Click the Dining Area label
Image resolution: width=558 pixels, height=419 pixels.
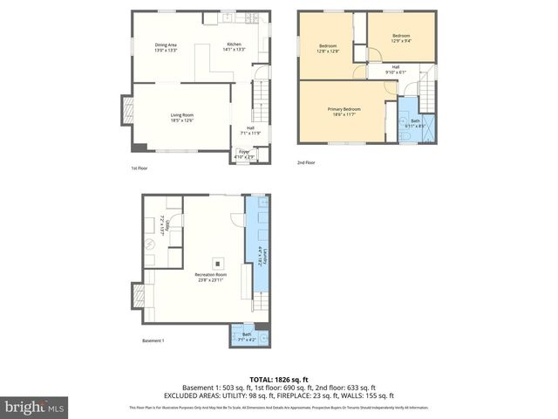(x=166, y=47)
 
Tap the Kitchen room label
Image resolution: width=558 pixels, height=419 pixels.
(x=235, y=47)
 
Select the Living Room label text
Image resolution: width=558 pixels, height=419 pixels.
(x=181, y=117)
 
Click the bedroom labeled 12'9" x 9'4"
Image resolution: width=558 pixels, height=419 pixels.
(x=401, y=38)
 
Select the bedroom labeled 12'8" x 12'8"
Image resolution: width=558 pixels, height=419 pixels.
(x=328, y=48)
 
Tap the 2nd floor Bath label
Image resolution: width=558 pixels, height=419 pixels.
(x=415, y=124)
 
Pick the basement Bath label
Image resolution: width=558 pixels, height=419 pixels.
(x=247, y=336)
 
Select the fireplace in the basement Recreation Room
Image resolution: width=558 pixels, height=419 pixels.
(x=138, y=297)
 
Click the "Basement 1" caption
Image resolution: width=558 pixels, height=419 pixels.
(x=153, y=341)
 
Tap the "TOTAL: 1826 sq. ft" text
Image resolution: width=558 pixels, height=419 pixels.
(x=279, y=380)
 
